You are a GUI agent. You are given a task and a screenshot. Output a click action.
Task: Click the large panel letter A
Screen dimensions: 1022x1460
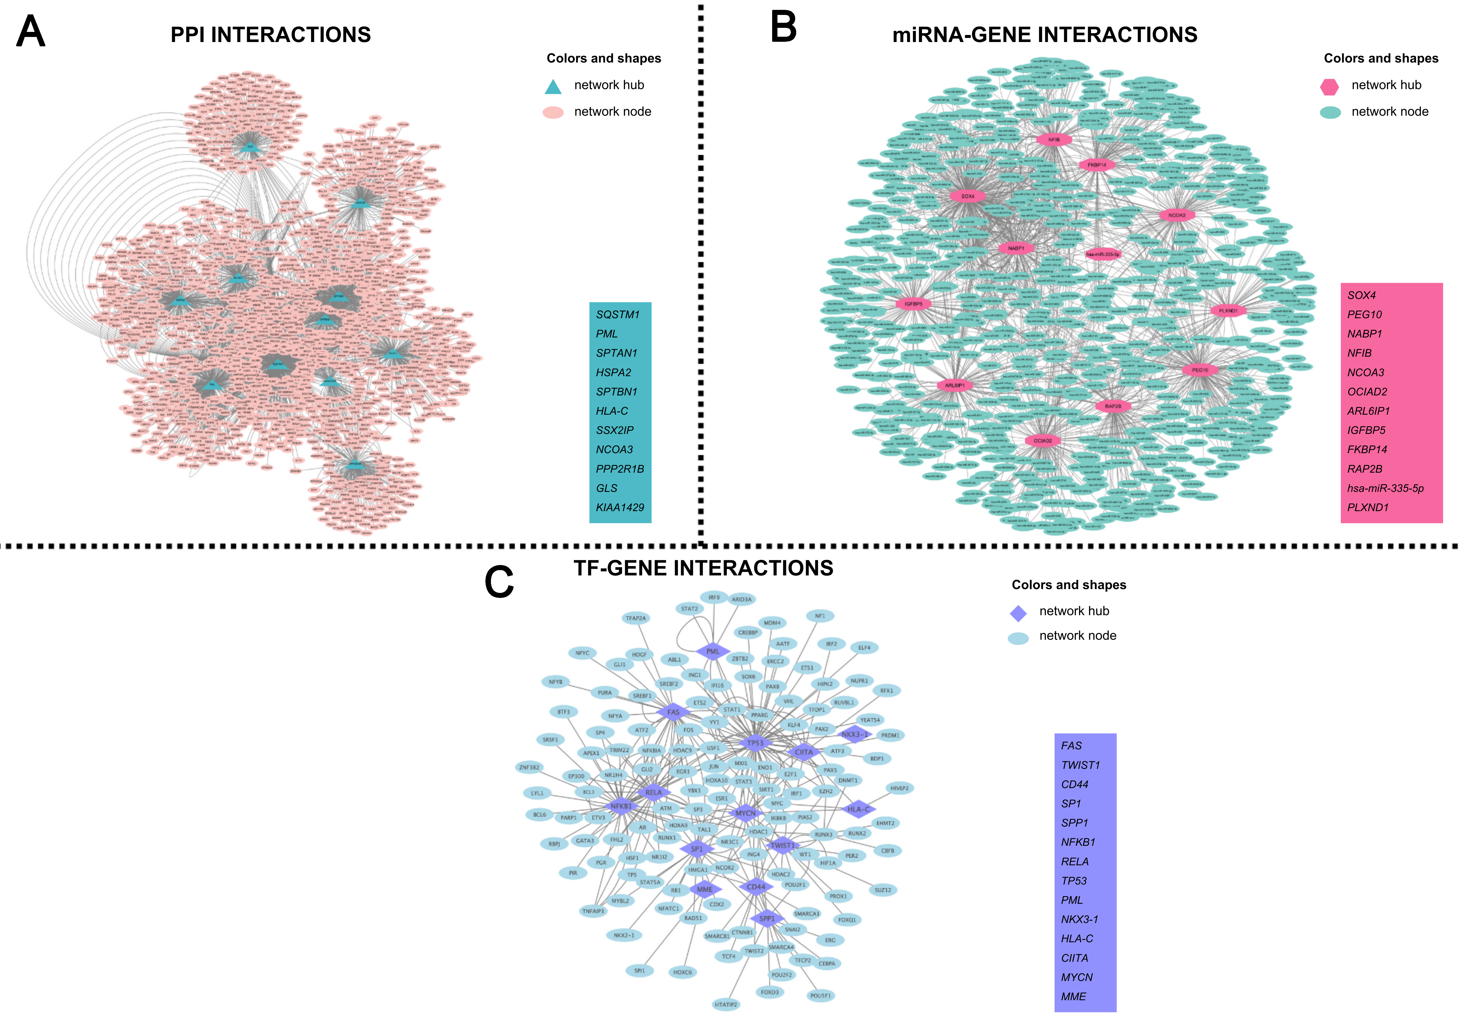pos(31,32)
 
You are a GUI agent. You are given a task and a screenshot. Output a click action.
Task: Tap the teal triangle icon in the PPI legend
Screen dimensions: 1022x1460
pos(553,87)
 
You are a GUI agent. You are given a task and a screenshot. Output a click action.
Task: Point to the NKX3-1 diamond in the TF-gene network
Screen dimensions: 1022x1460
pos(854,734)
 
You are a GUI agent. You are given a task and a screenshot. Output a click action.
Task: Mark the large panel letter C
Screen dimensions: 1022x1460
pos(499,582)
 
